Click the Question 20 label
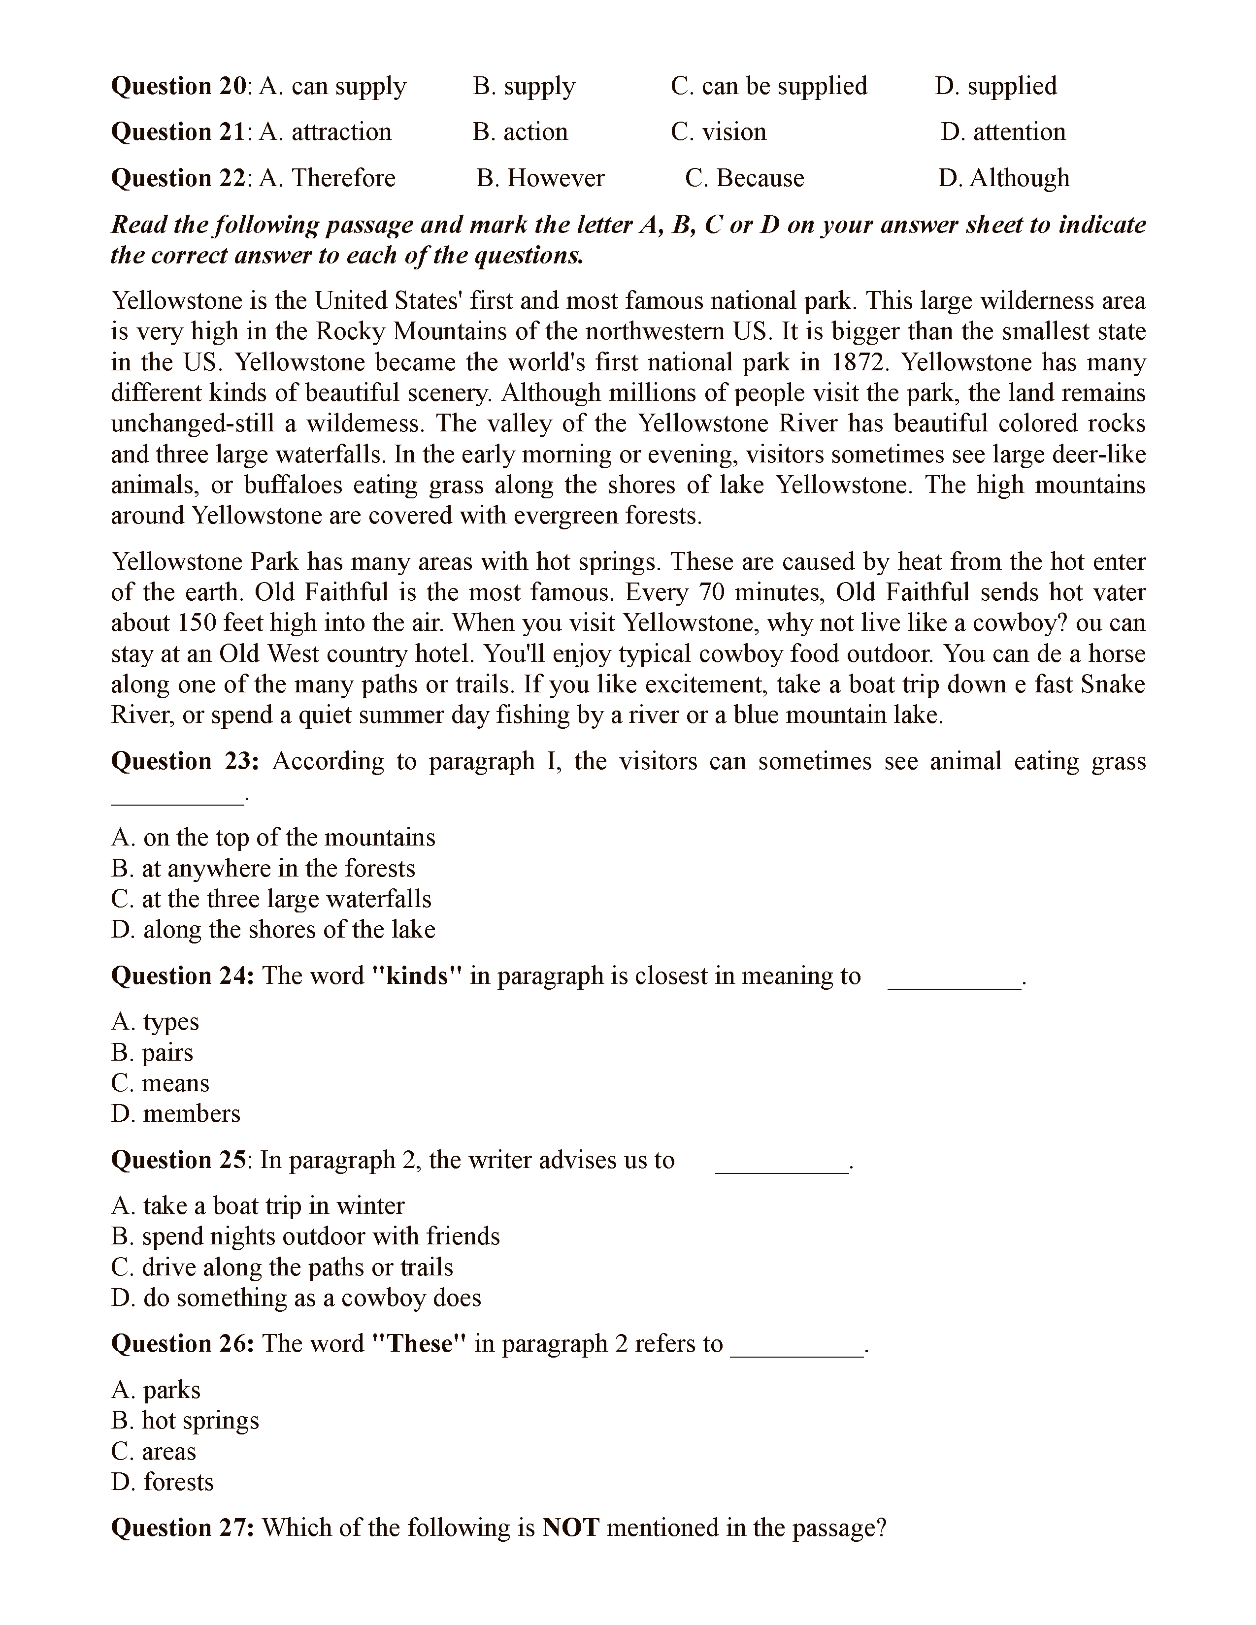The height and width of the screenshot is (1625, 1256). click(179, 86)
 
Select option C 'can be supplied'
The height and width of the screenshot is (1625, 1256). click(769, 86)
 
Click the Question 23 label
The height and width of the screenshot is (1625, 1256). click(185, 761)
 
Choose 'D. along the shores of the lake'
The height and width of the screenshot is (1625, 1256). click(273, 929)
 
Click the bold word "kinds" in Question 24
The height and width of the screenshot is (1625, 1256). click(417, 976)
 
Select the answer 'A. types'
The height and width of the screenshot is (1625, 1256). click(156, 1022)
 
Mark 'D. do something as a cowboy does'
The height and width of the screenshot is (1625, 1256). click(296, 1298)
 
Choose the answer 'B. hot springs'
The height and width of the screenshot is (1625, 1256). click(185, 1420)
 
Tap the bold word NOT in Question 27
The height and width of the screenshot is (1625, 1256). click(571, 1527)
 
